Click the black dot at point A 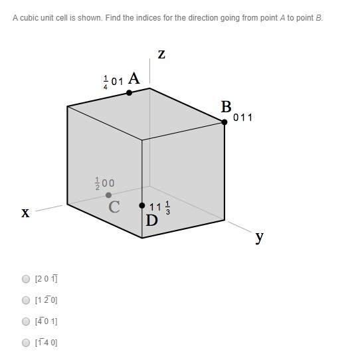tap(129, 93)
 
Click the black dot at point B tap(225, 121)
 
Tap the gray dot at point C tap(109, 195)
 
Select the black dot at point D tap(142, 205)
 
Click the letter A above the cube tap(134, 78)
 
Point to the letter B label tap(226, 106)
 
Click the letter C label tap(114, 207)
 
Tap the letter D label tap(152, 221)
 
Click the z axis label tap(161, 54)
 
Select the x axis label tap(25, 213)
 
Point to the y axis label tap(260, 237)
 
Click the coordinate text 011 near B tap(243, 118)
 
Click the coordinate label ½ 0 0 tap(105, 183)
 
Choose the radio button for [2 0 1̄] tap(26, 279)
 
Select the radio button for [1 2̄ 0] tap(26, 300)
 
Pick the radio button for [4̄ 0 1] tap(26, 321)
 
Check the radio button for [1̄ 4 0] tap(26, 343)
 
